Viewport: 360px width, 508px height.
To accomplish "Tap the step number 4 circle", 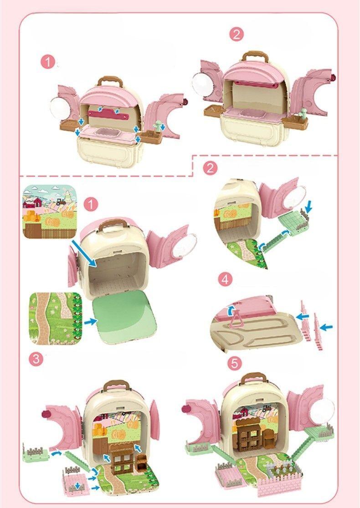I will pyautogui.click(x=223, y=280).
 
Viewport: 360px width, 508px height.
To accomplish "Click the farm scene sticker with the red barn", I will pyautogui.click(x=49, y=211).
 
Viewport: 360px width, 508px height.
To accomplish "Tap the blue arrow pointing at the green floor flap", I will pyautogui.click(x=91, y=321).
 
